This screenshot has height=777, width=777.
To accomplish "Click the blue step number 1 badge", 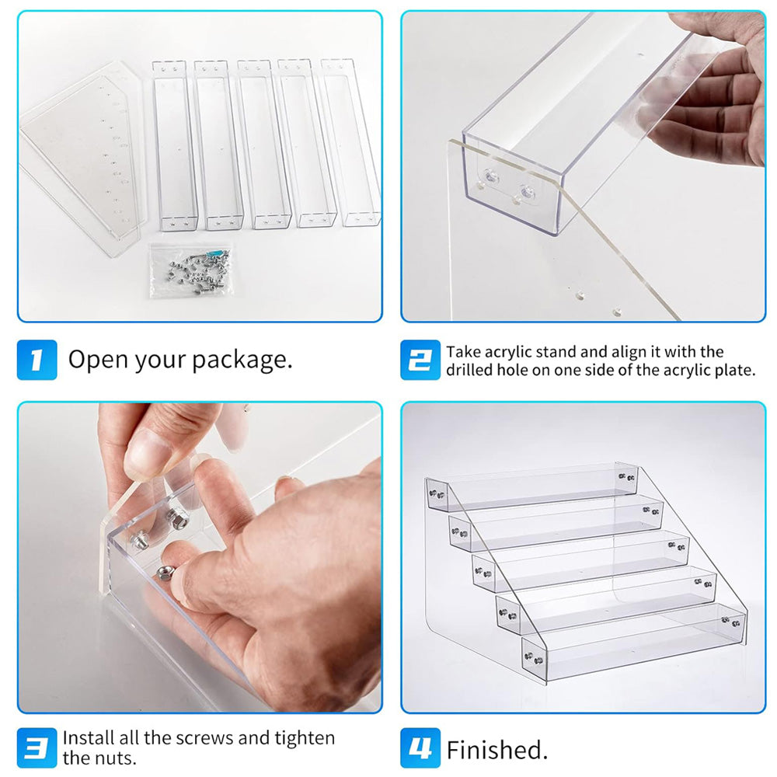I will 37,360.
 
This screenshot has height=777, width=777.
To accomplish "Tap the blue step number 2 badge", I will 420,360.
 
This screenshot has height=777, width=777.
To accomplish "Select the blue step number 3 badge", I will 37,747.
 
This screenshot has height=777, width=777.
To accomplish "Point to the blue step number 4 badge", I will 420,749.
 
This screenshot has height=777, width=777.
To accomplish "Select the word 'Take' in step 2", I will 463,351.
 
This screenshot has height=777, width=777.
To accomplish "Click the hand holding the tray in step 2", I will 715,93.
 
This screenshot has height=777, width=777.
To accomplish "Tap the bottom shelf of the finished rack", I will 633,645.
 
